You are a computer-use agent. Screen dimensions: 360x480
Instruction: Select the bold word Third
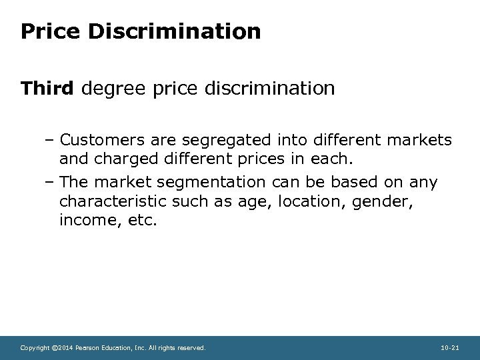48,88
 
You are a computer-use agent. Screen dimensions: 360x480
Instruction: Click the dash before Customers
51,140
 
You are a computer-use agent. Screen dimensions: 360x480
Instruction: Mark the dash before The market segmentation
51,183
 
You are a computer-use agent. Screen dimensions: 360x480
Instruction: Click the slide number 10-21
449,347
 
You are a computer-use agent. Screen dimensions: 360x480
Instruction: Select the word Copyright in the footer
35,347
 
